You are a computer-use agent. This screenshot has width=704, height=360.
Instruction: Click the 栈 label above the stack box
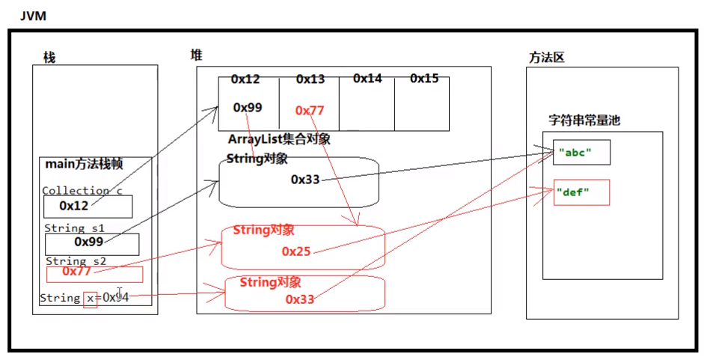click(49, 58)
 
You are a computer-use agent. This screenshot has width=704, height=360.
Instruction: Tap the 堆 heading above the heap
click(196, 55)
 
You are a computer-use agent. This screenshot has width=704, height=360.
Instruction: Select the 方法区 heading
click(545, 58)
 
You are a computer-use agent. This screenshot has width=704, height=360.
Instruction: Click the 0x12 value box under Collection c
click(88, 206)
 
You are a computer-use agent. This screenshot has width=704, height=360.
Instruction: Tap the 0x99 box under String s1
click(91, 243)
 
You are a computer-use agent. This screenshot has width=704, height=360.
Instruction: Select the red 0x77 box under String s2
click(94, 273)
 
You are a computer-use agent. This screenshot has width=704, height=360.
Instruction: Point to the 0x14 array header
click(367, 78)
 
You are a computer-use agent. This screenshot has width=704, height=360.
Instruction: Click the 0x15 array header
click(424, 78)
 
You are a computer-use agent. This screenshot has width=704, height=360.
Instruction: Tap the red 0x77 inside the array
click(310, 111)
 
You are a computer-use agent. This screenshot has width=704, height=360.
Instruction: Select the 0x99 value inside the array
click(248, 108)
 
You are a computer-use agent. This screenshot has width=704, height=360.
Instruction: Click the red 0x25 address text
click(296, 251)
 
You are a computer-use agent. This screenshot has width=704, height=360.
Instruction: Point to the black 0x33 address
click(305, 180)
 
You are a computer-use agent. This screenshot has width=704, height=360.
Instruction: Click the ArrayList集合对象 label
click(279, 139)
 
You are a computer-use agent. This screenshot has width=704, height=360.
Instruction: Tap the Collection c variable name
click(82, 191)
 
